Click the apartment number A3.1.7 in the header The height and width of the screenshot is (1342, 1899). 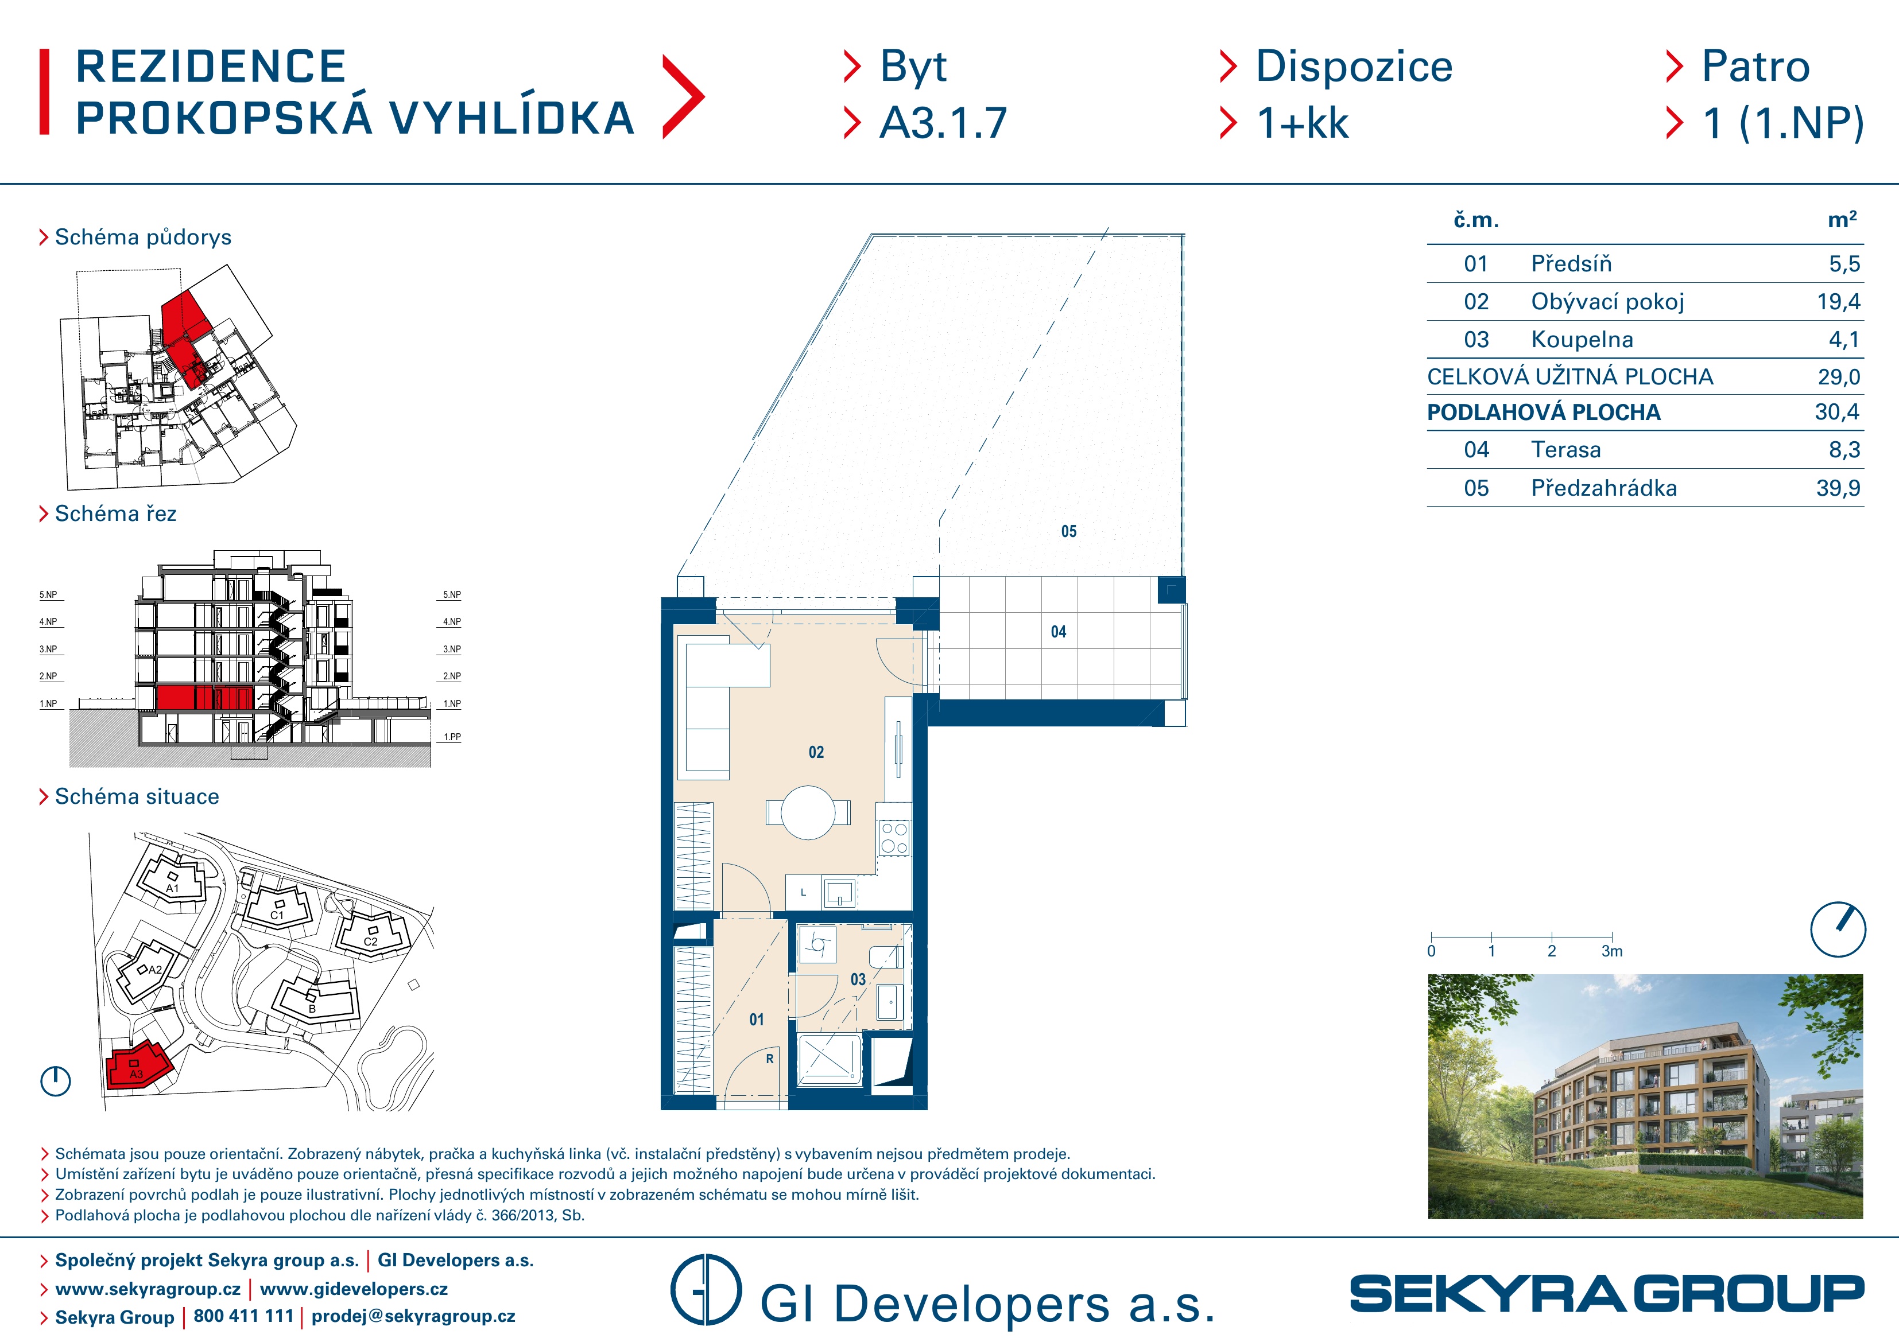[943, 123]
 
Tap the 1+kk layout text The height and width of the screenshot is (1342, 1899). [1303, 123]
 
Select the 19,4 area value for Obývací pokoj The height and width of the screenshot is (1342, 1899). [1838, 302]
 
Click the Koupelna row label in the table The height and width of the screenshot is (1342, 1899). [1582, 339]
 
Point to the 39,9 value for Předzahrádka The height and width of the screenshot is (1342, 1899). [1838, 488]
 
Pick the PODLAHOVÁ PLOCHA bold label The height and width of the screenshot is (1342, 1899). [1543, 413]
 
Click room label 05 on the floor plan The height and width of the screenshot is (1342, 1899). [1068, 532]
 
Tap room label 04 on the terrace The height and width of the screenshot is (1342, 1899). [1059, 632]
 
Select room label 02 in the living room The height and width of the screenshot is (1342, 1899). [816, 752]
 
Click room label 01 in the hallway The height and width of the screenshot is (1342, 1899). [757, 1020]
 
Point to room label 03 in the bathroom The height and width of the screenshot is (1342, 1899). [859, 980]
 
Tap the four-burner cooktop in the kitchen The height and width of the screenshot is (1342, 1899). [894, 838]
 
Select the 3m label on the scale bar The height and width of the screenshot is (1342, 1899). [1612, 952]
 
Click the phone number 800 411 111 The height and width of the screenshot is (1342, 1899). [243, 1316]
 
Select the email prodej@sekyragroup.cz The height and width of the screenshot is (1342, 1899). [413, 1316]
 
